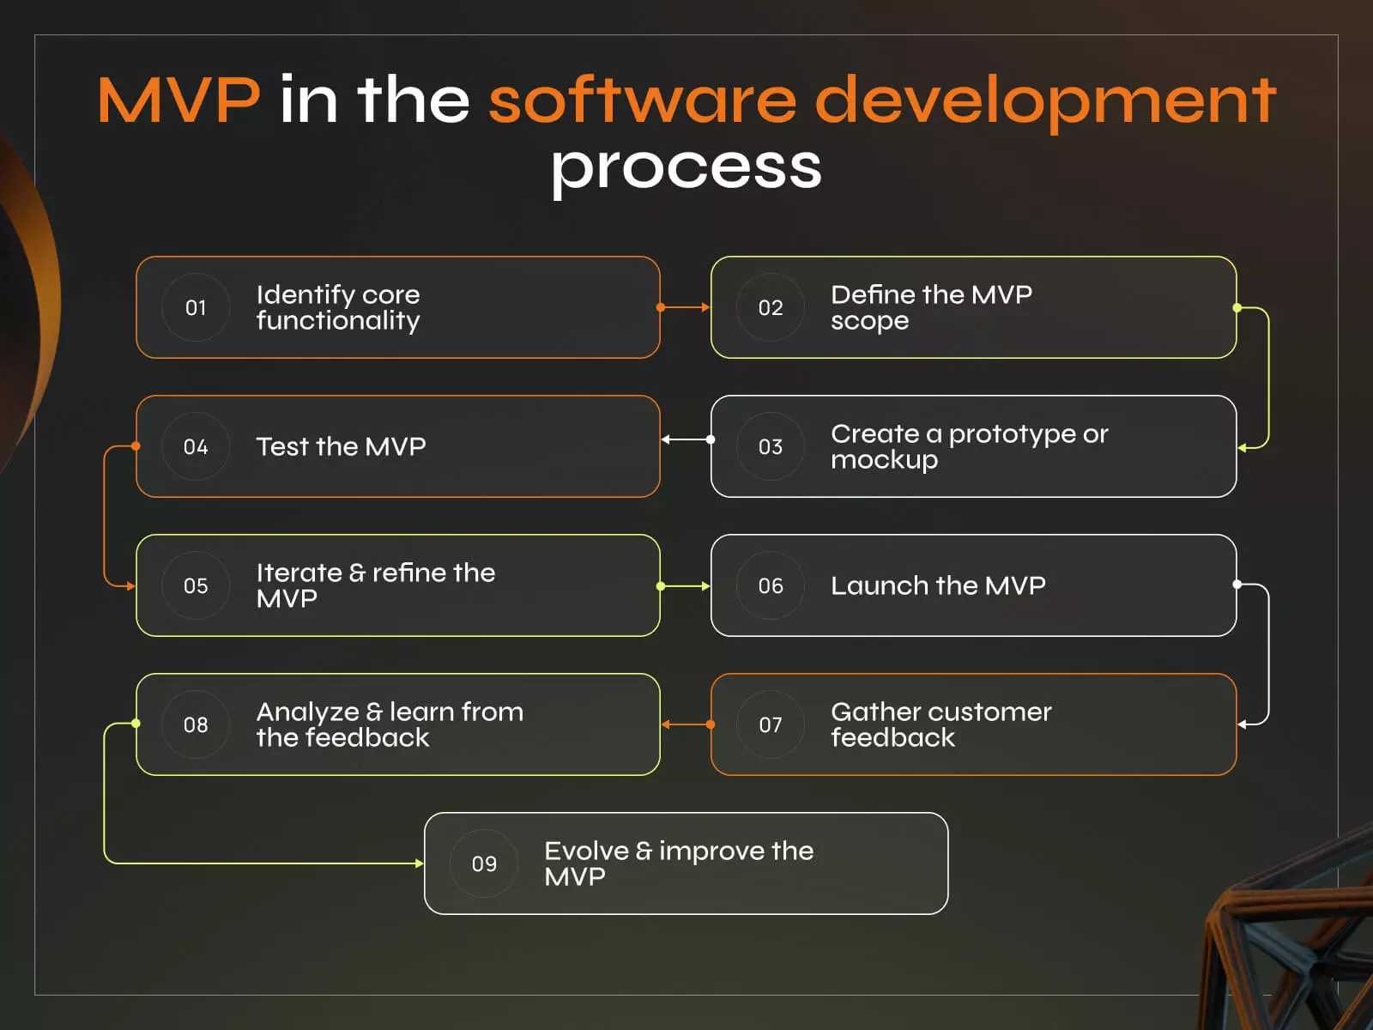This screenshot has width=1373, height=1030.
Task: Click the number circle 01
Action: point(196,307)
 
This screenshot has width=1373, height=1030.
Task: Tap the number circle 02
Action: point(771,307)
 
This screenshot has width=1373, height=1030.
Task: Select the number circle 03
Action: point(771,446)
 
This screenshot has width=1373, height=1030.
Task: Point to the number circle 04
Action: point(196,446)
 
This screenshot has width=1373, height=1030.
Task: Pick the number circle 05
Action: point(196,585)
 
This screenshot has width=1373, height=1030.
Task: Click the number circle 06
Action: point(771,585)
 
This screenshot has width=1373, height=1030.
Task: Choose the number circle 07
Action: point(771,724)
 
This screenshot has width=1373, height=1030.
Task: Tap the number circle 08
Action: point(196,724)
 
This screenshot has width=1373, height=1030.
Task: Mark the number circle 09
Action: point(484,863)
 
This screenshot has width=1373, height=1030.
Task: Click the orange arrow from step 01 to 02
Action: point(685,307)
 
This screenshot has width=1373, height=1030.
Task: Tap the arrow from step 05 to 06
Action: point(685,586)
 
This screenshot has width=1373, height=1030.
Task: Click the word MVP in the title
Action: point(178,100)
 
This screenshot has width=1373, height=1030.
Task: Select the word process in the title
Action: point(686,167)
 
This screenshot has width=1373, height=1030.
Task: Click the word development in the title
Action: point(1044,100)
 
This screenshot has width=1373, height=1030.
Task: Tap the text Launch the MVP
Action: point(938,585)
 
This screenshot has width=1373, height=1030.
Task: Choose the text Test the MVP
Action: point(341,446)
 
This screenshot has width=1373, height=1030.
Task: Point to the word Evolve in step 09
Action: point(586,851)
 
